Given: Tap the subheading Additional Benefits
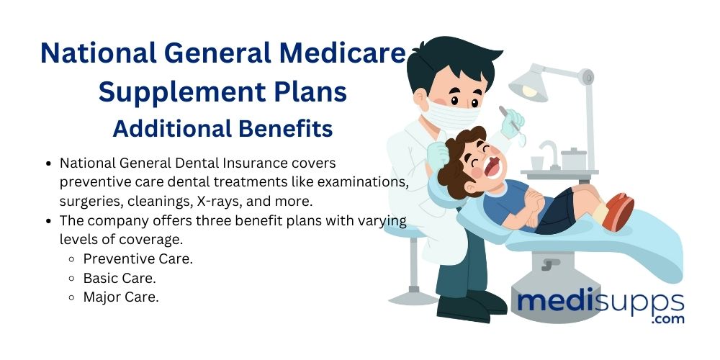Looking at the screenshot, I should click(x=222, y=128).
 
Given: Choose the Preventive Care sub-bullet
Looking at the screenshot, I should click(x=138, y=258).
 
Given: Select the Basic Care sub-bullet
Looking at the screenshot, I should click(x=120, y=277).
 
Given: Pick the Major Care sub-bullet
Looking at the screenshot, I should click(x=120, y=296).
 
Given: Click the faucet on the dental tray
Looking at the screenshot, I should click(x=548, y=150).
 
